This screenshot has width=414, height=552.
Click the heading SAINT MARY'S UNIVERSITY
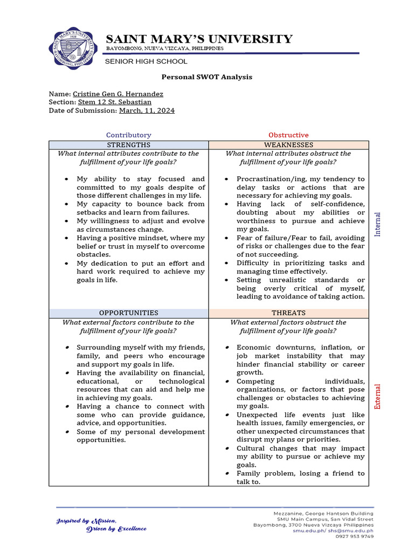click(199, 39)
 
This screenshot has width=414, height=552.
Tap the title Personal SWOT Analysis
click(206, 77)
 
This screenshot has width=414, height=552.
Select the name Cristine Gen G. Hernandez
click(118, 94)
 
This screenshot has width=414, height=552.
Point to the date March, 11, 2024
click(147, 111)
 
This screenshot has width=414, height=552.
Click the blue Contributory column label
click(128, 135)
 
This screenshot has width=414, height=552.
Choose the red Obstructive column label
click(288, 135)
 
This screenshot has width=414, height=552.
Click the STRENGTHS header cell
click(128, 145)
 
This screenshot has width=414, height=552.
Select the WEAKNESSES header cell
click(288, 145)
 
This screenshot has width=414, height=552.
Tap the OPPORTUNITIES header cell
click(128, 313)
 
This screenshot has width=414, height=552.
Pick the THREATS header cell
click(288, 313)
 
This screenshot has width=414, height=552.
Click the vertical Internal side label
click(378, 224)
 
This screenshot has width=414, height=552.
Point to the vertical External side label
click(378, 396)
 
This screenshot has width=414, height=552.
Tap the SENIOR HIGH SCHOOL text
click(146, 61)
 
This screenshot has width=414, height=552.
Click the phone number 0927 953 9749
click(354, 536)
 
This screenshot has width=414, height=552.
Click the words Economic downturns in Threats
click(272, 348)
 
